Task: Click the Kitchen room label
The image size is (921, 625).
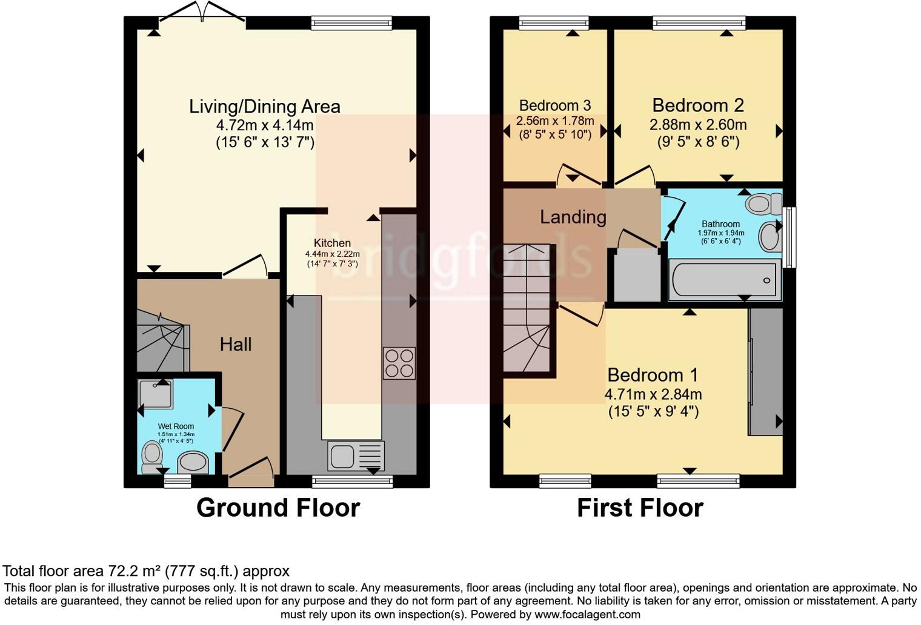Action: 332,243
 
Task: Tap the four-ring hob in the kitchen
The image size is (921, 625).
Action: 399,363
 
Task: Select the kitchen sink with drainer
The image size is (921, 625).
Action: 356,455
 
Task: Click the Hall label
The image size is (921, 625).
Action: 236,345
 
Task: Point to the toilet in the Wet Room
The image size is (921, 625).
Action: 151,457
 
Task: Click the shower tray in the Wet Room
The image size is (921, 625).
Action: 155,394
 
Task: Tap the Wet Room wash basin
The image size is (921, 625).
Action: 193,463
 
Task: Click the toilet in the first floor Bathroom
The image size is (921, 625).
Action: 763,204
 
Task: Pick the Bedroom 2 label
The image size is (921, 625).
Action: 698,105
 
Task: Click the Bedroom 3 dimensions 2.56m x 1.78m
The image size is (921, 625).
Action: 555,121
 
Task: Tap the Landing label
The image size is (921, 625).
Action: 573,217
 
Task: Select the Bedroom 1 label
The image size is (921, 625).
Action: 653,375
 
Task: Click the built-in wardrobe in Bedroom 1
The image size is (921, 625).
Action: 765,371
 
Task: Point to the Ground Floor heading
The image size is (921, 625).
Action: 278,508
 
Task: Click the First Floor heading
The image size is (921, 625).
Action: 640,508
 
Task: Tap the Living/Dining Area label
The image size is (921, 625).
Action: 265,107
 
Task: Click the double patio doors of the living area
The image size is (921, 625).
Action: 202,12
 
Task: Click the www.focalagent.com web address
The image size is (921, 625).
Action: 587,615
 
